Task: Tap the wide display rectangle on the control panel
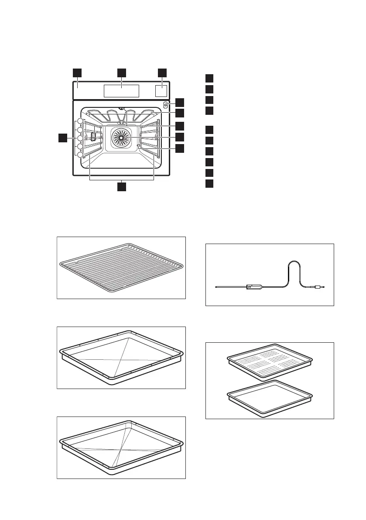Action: pyautogui.click(x=121, y=91)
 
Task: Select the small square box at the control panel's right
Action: pyautogui.click(x=161, y=91)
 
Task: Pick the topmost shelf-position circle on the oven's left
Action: pyautogui.click(x=80, y=121)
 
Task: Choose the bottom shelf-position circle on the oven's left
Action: pyautogui.click(x=80, y=155)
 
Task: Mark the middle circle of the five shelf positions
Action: pyautogui.click(x=80, y=138)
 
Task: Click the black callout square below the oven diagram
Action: pyautogui.click(x=121, y=187)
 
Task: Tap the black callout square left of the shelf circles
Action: pyautogui.click(x=63, y=138)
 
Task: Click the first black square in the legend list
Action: pyautogui.click(x=209, y=78)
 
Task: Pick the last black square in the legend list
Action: pyautogui.click(x=209, y=183)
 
